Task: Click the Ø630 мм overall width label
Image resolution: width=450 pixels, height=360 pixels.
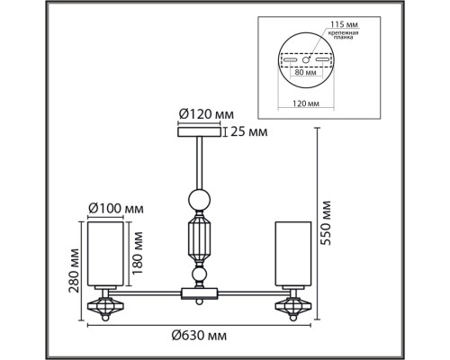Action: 199,336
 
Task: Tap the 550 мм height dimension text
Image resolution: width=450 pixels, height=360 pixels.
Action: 325,223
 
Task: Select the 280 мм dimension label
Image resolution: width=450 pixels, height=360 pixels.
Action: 74,270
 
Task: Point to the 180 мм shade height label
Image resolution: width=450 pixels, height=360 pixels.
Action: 137,253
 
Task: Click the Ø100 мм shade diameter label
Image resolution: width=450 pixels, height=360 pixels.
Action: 116,208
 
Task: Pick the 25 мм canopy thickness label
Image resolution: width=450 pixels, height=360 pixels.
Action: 249,131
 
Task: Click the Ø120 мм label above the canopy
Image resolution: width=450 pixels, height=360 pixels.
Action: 206,114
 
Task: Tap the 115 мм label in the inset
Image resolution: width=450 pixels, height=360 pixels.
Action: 344,24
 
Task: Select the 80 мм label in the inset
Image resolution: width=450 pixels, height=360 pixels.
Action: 306,72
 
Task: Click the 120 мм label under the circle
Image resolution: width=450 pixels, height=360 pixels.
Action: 306,103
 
